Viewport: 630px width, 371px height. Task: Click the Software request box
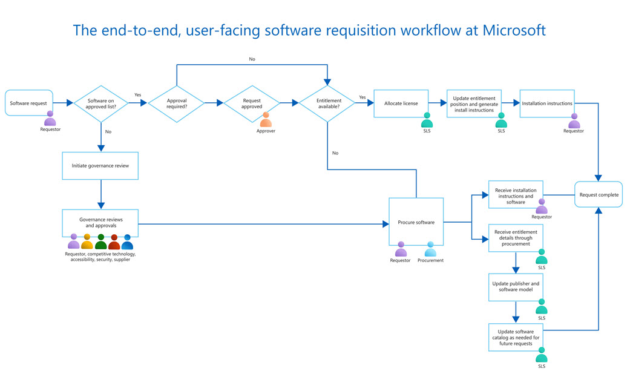pyautogui.click(x=28, y=103)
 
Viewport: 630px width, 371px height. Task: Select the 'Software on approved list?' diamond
pyautogui.click(x=101, y=103)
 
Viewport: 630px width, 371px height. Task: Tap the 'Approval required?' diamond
pyautogui.click(x=176, y=103)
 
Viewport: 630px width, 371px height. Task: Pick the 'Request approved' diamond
pyautogui.click(x=252, y=103)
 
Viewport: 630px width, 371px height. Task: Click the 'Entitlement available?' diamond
pyautogui.click(x=327, y=103)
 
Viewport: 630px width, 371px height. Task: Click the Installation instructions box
pyautogui.click(x=546, y=103)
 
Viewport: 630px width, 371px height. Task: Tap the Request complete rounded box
pyautogui.click(x=598, y=195)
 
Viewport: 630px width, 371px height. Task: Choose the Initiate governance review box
pyautogui.click(x=100, y=165)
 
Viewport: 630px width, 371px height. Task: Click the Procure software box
pyautogui.click(x=416, y=222)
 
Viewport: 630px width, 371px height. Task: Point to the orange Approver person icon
pyautogui.click(x=266, y=120)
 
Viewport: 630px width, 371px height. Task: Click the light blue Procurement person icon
pyautogui.click(x=430, y=249)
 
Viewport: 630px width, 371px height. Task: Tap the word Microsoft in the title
pyautogui.click(x=514, y=30)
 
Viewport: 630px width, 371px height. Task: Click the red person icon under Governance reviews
pyautogui.click(x=114, y=242)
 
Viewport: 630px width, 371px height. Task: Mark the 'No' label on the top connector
pyautogui.click(x=252, y=59)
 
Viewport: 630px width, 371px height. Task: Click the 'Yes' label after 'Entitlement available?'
pyautogui.click(x=362, y=97)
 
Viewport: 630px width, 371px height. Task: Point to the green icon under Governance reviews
pyautogui.click(x=100, y=242)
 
